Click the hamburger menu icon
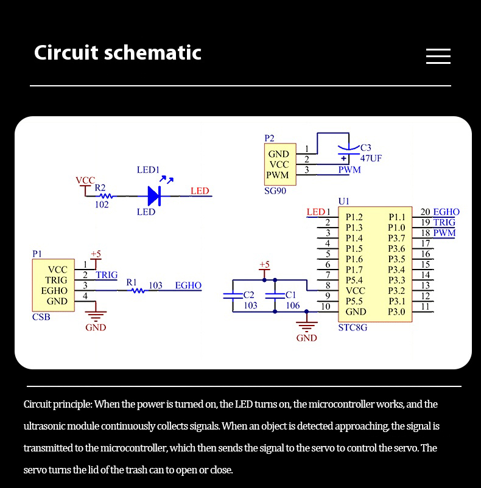tap(438, 57)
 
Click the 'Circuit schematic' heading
tap(118, 52)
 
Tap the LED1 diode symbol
tap(155, 196)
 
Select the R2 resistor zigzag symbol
tap(106, 196)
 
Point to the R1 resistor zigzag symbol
tap(138, 290)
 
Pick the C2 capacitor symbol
tap(233, 295)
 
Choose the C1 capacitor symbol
tap(275, 295)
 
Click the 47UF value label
tap(371, 158)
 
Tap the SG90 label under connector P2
tap(275, 191)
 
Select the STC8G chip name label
tap(353, 327)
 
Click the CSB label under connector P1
tap(41, 317)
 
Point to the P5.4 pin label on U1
tap(354, 280)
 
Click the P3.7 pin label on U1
tap(396, 238)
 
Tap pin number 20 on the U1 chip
tap(425, 212)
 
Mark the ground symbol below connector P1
tap(96, 316)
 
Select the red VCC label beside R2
tap(85, 181)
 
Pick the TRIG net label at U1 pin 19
tap(444, 222)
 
